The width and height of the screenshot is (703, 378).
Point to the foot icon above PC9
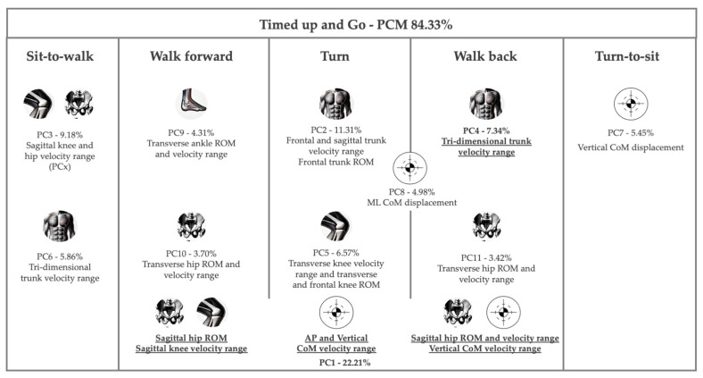tap(193, 103)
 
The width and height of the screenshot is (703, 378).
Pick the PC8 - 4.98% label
tap(409, 191)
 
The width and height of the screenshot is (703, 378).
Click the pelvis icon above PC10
tap(193, 226)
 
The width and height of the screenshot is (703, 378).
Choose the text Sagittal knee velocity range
tap(193, 350)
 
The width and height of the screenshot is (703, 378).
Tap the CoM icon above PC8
tap(409, 167)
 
